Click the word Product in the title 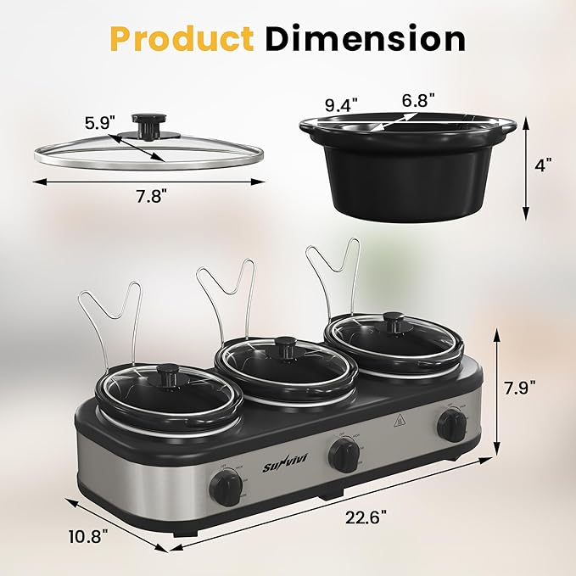coord(180,39)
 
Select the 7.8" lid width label coord(147,194)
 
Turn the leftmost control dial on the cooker coord(226,489)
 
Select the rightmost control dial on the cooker coord(452,426)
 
